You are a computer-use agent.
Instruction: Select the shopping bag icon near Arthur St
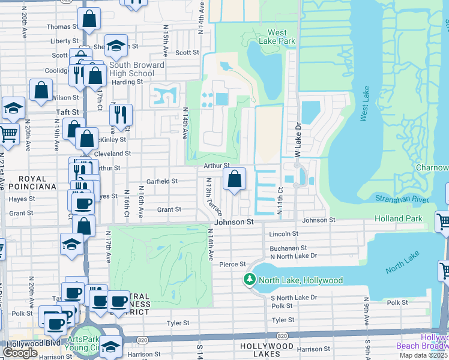[x=234, y=178]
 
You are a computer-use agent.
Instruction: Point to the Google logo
[x=20, y=353]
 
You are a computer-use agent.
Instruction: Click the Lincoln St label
[x=284, y=234]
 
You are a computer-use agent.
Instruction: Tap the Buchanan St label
[x=288, y=247]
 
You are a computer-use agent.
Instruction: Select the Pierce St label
[x=233, y=264]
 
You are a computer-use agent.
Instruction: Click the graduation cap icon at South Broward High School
[x=116, y=46]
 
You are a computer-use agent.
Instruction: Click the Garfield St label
[x=163, y=181]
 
